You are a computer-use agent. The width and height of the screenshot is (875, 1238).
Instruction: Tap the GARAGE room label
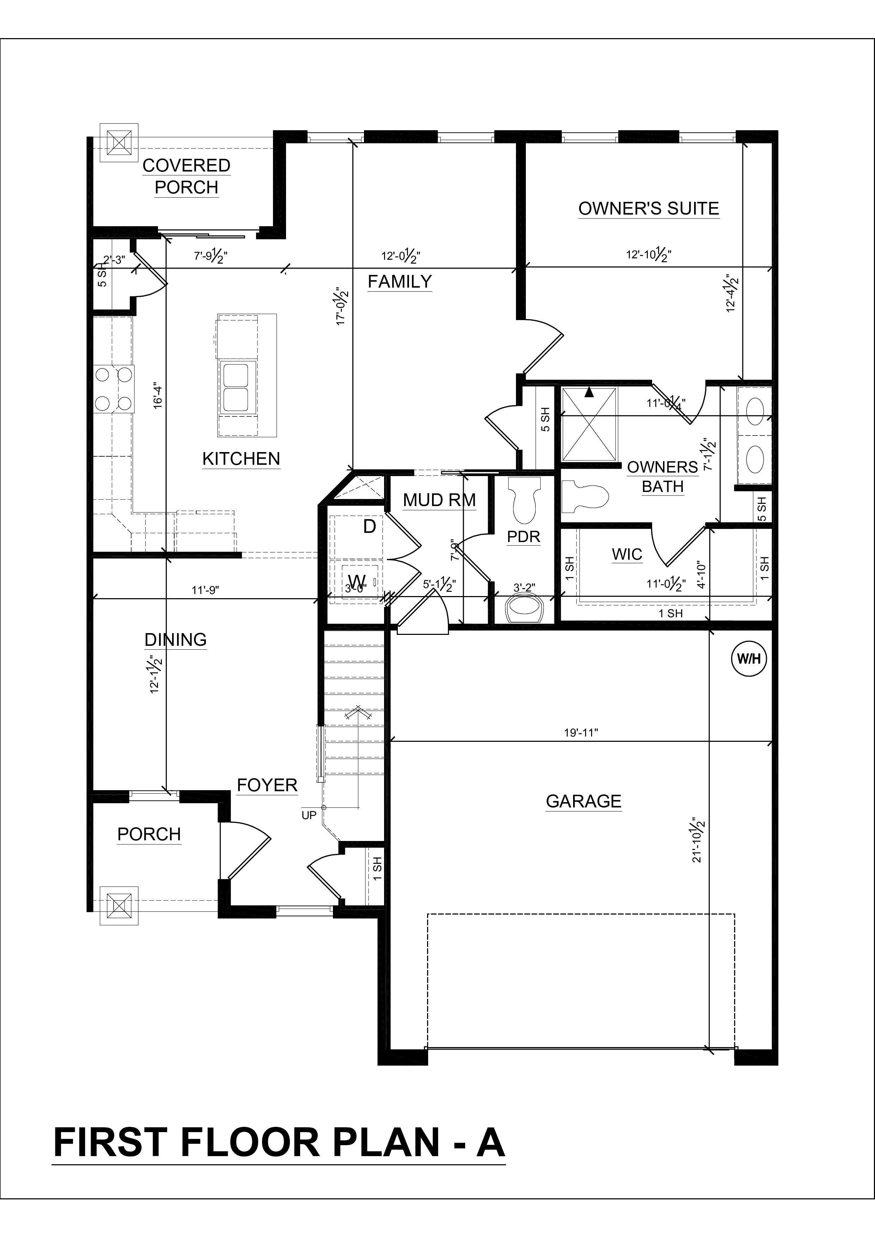[x=584, y=801]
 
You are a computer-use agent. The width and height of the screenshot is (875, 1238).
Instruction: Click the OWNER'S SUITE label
[x=649, y=209]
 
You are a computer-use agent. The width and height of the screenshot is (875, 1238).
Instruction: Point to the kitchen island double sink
[x=236, y=388]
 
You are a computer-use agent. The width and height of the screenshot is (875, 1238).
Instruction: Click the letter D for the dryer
[x=369, y=526]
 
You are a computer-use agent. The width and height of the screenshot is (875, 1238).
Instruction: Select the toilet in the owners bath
[x=585, y=497]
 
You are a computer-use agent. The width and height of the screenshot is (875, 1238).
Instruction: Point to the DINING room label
[x=176, y=639]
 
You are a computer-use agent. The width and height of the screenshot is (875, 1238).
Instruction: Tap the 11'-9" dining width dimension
[x=205, y=590]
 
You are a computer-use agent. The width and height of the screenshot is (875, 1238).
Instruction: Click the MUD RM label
[x=439, y=500]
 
